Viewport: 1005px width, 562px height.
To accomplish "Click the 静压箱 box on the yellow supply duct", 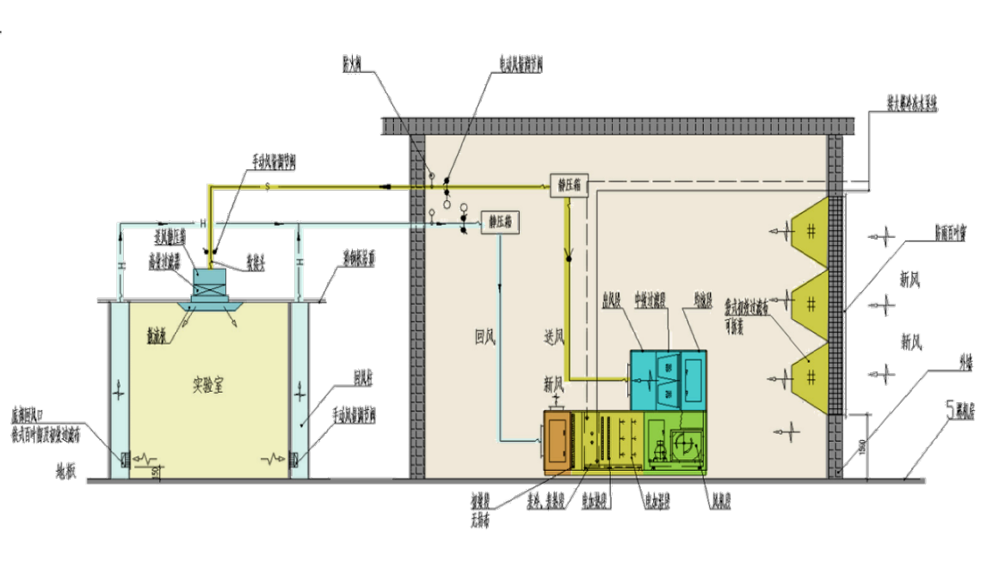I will (x=569, y=185).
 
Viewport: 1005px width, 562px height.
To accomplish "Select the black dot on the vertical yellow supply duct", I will (x=568, y=256).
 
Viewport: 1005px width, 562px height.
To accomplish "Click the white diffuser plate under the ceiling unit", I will (x=212, y=305).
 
